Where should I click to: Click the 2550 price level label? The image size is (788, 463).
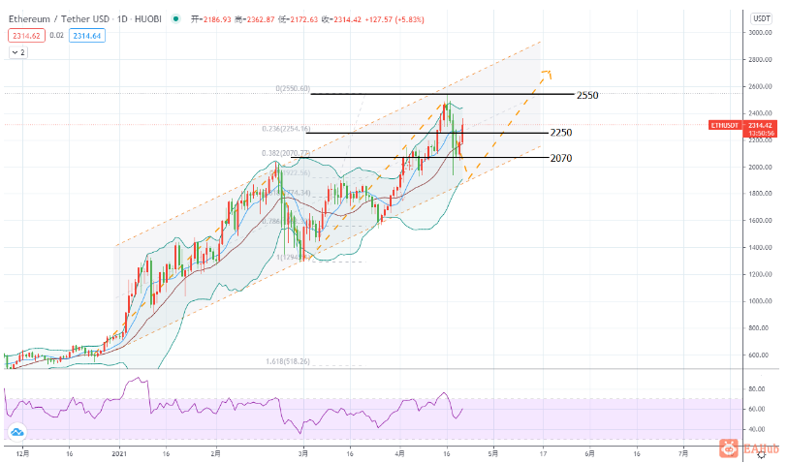[586, 96]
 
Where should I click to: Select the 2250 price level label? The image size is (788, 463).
[560, 133]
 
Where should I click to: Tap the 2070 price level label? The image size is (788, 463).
[560, 158]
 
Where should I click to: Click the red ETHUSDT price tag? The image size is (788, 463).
[724, 125]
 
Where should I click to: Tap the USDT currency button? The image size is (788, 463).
[761, 18]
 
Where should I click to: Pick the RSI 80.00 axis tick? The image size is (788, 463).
[757, 389]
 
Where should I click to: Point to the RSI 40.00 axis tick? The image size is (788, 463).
[757, 429]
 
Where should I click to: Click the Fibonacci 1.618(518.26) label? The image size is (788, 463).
[288, 361]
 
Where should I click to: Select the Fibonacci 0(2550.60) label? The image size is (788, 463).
[292, 88]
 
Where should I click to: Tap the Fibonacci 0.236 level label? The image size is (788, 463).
[285, 129]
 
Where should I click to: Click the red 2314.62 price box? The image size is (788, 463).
[25, 35]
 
